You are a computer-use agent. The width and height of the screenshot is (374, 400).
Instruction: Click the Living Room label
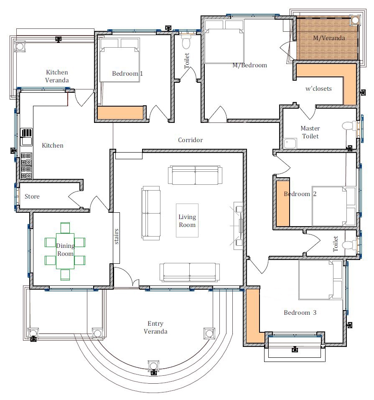point(187,221)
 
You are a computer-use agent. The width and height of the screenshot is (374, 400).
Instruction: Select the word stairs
point(117,236)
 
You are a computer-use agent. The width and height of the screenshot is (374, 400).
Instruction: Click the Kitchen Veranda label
point(57,76)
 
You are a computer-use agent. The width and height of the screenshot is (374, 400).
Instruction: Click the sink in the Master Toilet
point(289,143)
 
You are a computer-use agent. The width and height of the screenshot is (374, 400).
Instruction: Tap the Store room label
point(32,196)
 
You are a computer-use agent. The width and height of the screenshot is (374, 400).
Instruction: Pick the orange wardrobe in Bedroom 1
point(120,113)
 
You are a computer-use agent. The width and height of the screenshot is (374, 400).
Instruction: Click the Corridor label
point(190,140)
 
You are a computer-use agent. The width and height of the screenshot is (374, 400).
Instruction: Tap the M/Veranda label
point(329,38)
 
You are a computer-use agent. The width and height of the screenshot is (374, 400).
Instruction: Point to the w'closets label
point(318,89)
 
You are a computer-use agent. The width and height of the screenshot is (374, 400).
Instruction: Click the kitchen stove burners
point(26,165)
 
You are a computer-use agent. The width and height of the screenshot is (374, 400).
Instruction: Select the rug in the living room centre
point(187,220)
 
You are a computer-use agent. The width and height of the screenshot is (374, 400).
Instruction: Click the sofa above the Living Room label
point(195,175)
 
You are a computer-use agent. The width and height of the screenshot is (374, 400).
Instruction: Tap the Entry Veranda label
point(155,327)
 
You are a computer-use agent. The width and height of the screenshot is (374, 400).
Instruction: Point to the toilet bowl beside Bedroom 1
point(186,42)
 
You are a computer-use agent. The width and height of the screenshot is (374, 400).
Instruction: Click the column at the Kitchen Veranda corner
point(19,46)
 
